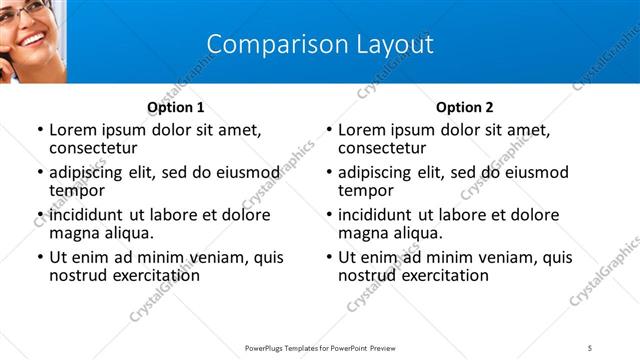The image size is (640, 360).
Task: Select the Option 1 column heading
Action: [x=175, y=107]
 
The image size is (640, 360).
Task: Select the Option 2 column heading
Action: [x=464, y=107]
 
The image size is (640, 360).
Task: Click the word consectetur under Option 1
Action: [x=97, y=148]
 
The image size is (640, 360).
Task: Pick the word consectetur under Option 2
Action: [x=386, y=148]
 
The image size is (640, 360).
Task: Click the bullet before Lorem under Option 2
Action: [x=329, y=130]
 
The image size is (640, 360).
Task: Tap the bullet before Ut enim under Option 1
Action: [x=40, y=258]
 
